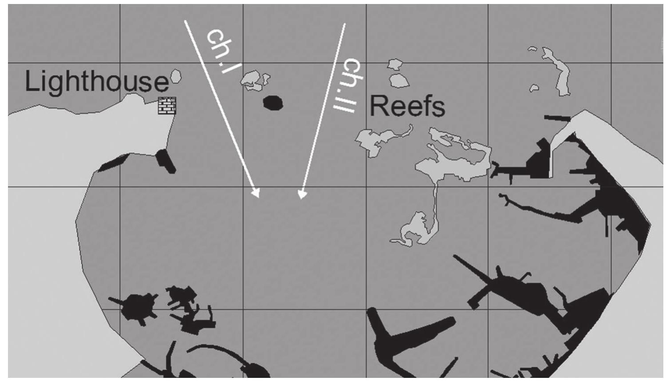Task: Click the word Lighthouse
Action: [x=97, y=82]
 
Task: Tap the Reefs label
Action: [x=407, y=106]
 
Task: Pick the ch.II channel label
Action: [x=348, y=85]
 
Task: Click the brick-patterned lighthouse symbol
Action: [x=167, y=106]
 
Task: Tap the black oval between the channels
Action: [x=273, y=103]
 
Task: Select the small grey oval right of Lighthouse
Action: [x=176, y=76]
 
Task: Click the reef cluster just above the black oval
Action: [x=254, y=81]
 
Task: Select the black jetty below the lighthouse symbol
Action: [x=166, y=161]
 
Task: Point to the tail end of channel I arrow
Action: [x=185, y=21]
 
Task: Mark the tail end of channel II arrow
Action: [x=345, y=24]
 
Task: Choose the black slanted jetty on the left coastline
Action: [x=114, y=163]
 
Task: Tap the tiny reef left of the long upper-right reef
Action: [x=534, y=88]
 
